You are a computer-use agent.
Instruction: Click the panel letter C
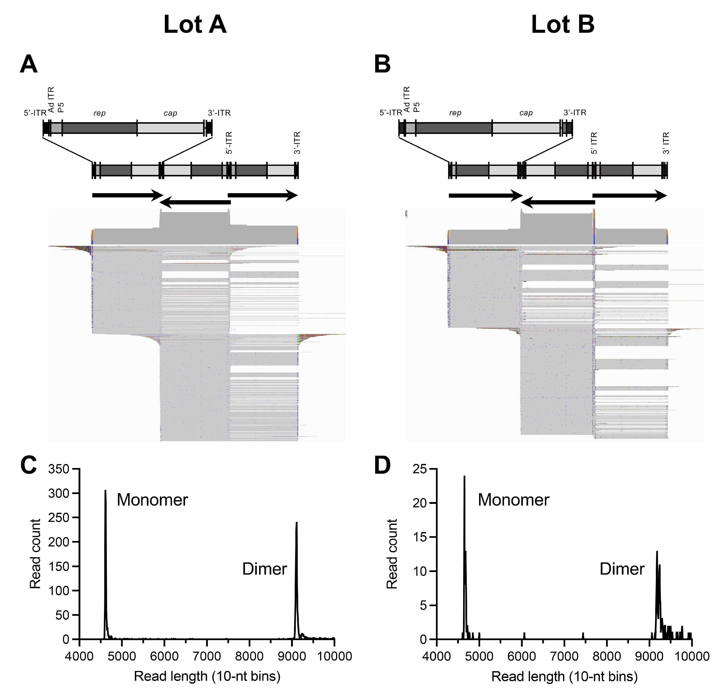point(29,465)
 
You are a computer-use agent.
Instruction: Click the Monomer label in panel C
point(152,500)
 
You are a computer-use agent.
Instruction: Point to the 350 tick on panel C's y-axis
point(59,469)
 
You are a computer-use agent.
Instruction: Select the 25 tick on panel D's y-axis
point(420,469)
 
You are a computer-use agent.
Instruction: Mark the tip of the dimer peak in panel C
point(296,523)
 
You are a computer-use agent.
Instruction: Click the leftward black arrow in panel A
point(195,202)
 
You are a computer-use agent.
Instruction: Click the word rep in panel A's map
point(99,113)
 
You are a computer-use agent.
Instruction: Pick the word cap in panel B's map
point(526,113)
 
